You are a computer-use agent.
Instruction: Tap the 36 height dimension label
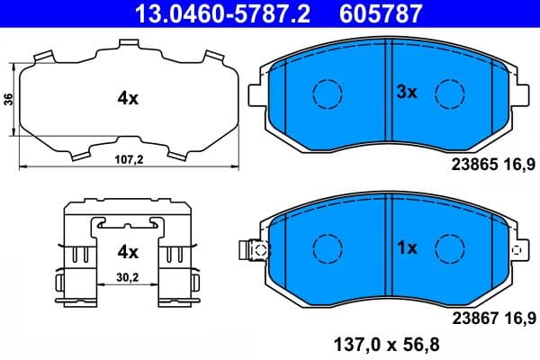[8, 100]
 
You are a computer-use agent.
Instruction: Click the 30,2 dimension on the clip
[128, 277]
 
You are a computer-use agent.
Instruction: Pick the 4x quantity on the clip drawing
[128, 251]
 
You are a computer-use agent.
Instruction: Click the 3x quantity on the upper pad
[408, 91]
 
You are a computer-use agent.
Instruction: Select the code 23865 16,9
[492, 163]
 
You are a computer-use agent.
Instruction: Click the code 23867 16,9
[492, 316]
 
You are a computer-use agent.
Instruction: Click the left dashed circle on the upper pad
[327, 92]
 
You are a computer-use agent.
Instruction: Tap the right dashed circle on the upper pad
[449, 92]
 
